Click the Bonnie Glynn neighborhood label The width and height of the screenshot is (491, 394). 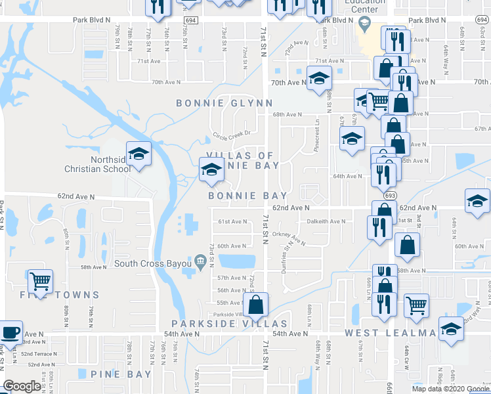point(224,103)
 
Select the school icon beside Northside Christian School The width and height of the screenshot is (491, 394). point(139,154)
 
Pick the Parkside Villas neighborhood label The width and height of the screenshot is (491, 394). point(229,324)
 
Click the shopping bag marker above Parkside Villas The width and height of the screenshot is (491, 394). point(255,304)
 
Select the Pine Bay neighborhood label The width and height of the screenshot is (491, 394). point(121,374)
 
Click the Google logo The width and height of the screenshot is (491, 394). point(21,386)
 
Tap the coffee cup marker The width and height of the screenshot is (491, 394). point(11,332)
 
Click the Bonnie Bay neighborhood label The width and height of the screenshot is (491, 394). point(247,196)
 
